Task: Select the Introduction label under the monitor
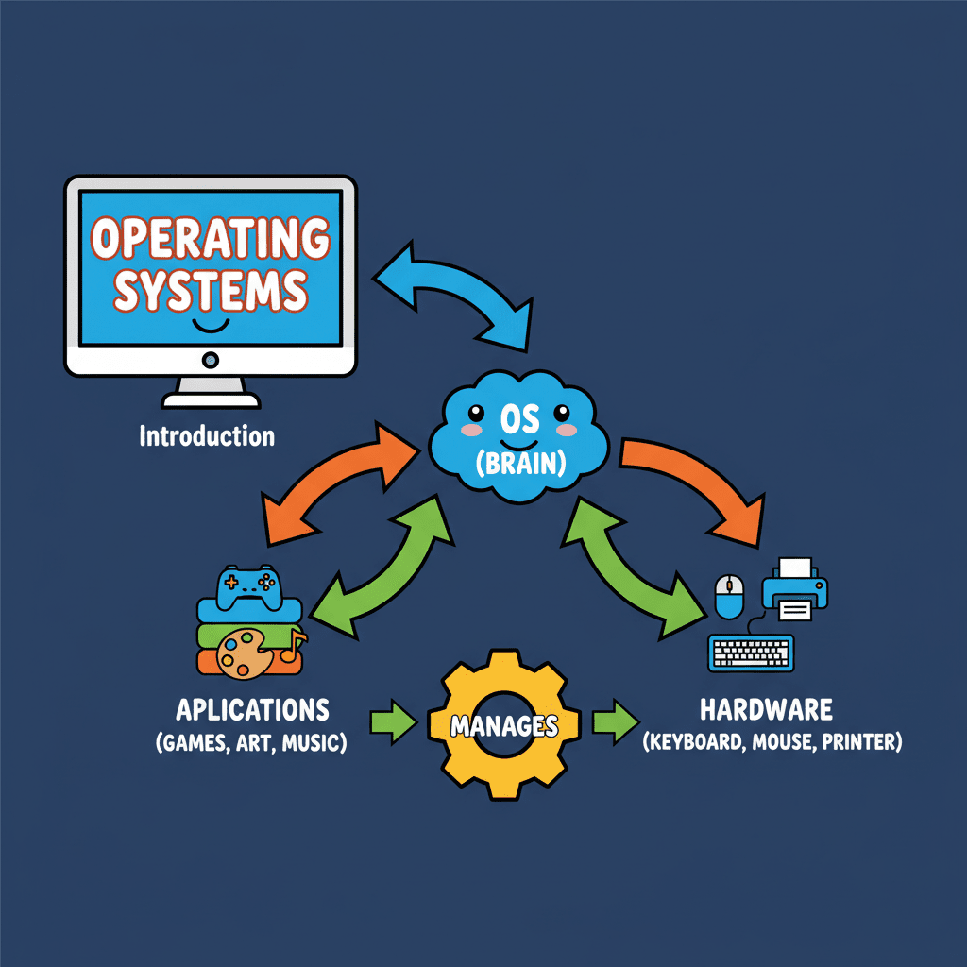click(x=207, y=436)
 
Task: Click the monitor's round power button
click(x=210, y=360)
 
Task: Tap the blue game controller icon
click(x=246, y=587)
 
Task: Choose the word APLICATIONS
click(x=252, y=709)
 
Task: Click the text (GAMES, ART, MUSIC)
click(x=251, y=742)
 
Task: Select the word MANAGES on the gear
click(x=504, y=726)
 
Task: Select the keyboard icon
click(x=751, y=653)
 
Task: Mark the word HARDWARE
click(x=766, y=709)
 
